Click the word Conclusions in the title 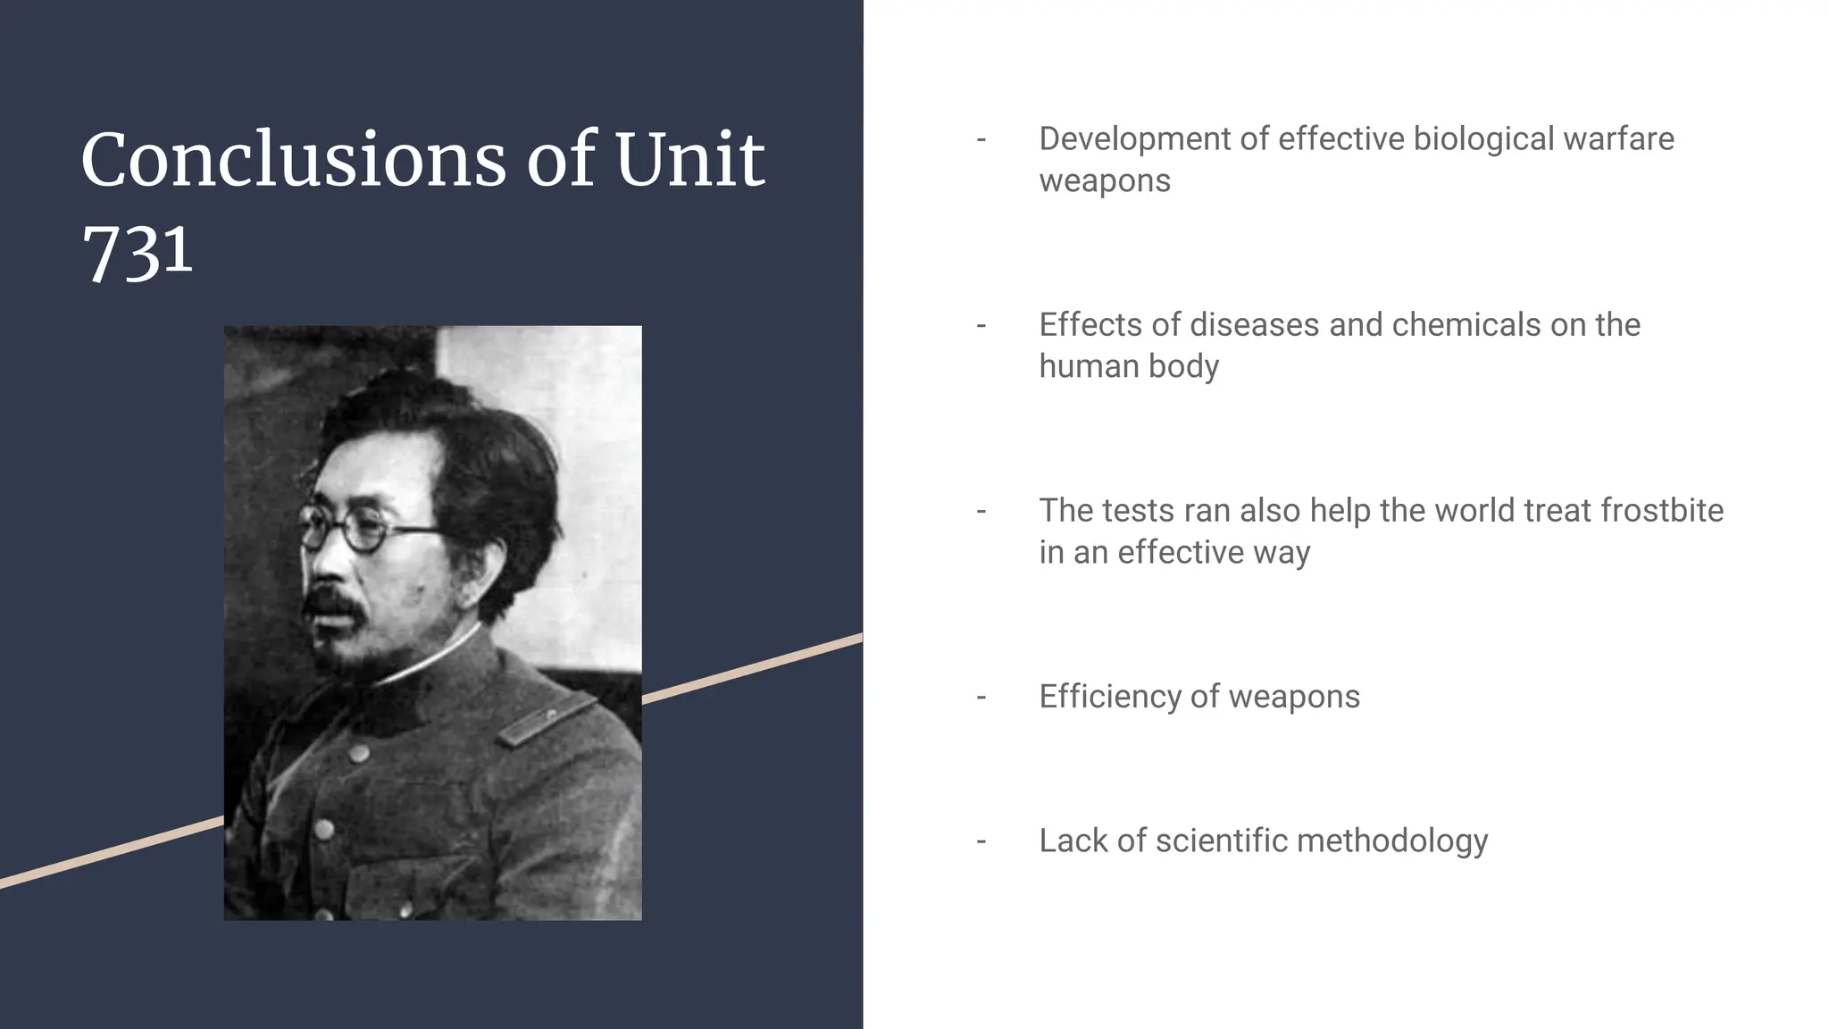(293, 160)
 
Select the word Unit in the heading (689, 160)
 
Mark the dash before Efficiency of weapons (981, 697)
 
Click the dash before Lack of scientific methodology (981, 841)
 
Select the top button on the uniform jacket (360, 753)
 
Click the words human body (1129, 367)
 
